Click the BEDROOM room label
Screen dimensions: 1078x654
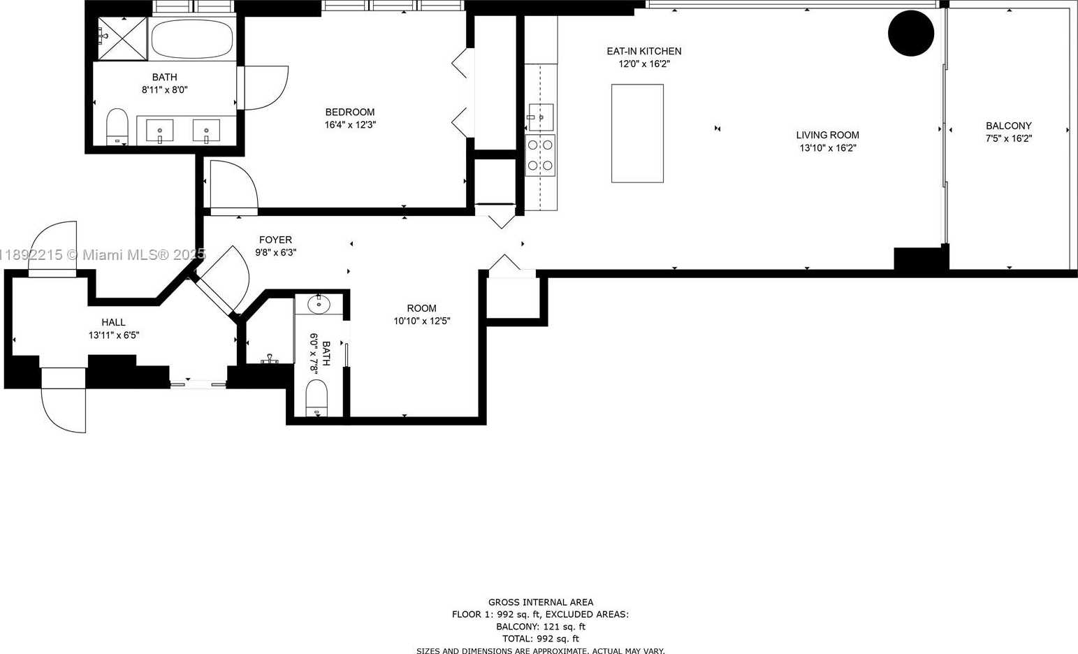pyautogui.click(x=350, y=112)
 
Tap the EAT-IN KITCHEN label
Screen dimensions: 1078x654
pyautogui.click(x=644, y=51)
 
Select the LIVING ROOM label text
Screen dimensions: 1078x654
pyautogui.click(x=827, y=136)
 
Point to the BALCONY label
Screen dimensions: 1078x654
pyautogui.click(x=1009, y=126)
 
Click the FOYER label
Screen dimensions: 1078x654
pyautogui.click(x=275, y=240)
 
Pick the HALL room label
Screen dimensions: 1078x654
pyautogui.click(x=114, y=322)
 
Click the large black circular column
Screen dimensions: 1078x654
pyautogui.click(x=911, y=34)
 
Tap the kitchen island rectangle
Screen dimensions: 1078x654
pyautogui.click(x=637, y=133)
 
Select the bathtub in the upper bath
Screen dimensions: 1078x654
pyautogui.click(x=192, y=38)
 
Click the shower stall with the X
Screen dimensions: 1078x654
pyautogui.click(x=122, y=38)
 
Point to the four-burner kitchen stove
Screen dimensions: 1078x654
pyautogui.click(x=540, y=155)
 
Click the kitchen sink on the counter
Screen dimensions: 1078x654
pyautogui.click(x=541, y=117)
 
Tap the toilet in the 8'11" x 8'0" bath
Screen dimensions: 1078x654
pyautogui.click(x=117, y=126)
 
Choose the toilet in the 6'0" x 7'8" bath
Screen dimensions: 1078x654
pyautogui.click(x=316, y=398)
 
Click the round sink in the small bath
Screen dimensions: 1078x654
pyautogui.click(x=318, y=304)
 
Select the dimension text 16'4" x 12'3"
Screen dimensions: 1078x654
pyautogui.click(x=350, y=124)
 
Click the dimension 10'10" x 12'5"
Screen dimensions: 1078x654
pyautogui.click(x=421, y=321)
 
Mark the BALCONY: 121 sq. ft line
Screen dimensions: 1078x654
pyautogui.click(x=541, y=627)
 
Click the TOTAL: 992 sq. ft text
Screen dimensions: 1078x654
pyautogui.click(x=541, y=639)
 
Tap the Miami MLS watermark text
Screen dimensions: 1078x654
pyautogui.click(x=102, y=254)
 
